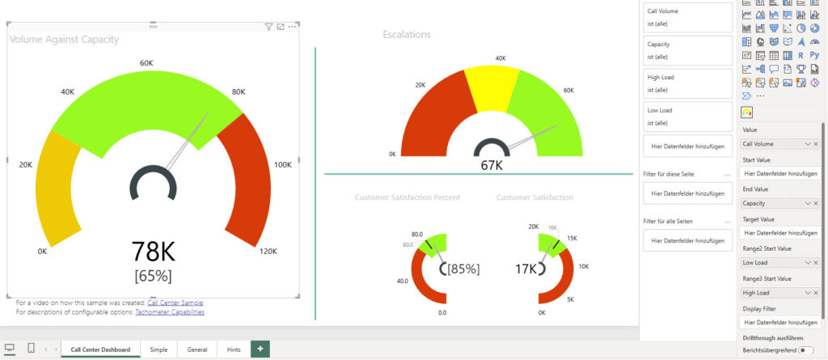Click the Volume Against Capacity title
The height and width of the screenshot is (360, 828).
(64, 39)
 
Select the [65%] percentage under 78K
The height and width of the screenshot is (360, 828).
(152, 275)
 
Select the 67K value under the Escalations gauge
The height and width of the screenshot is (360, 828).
(491, 165)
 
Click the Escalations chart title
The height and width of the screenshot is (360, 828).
(407, 34)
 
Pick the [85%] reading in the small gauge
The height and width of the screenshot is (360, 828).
(463, 268)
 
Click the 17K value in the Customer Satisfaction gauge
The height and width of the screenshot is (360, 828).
(526, 268)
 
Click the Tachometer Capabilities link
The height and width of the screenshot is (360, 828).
(170, 311)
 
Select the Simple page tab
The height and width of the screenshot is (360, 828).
(158, 349)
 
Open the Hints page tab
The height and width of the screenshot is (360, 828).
(234, 349)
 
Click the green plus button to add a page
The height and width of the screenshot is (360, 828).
(260, 349)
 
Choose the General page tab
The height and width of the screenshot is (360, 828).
(196, 349)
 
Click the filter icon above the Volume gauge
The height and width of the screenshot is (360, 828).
(268, 27)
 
